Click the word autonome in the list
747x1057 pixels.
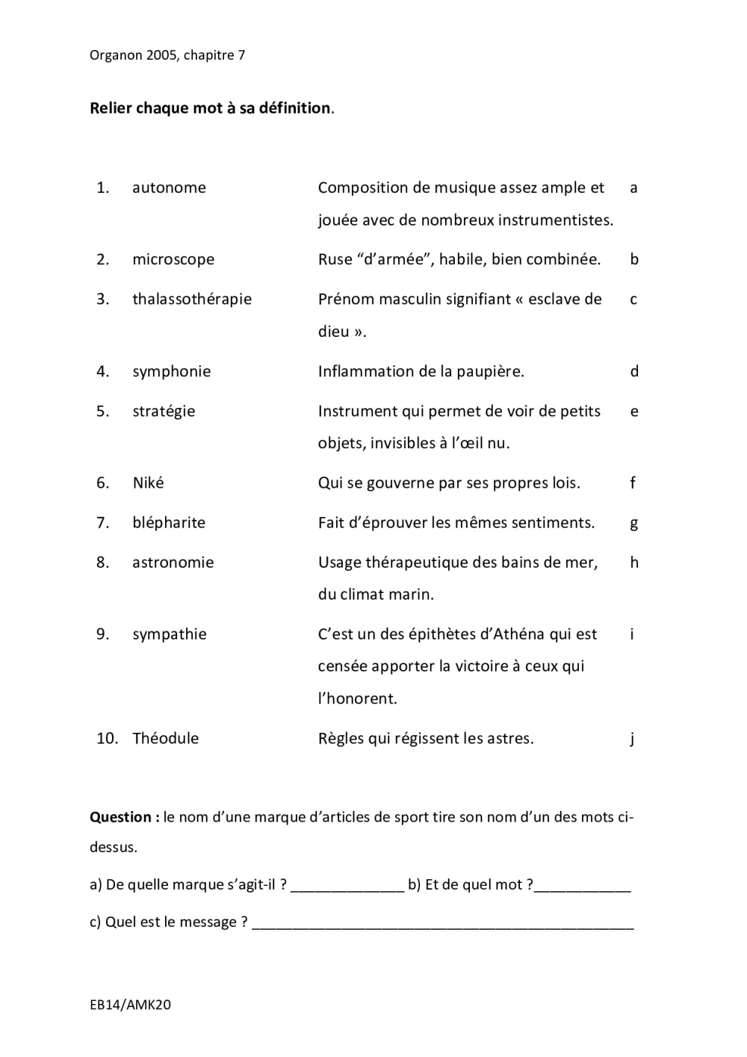[x=169, y=187]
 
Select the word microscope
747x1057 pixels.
[x=173, y=260]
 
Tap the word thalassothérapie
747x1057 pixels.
[x=192, y=300]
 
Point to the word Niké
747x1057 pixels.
[x=148, y=483]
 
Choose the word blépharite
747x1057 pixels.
[x=169, y=523]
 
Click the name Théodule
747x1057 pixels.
[x=166, y=739]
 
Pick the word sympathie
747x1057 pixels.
[x=170, y=634]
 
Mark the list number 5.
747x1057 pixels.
[x=102, y=412]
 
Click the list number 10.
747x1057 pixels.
[x=107, y=739]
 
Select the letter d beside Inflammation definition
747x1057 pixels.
[x=634, y=371]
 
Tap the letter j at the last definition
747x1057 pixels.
[x=632, y=739]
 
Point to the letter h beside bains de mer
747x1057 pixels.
[x=634, y=562]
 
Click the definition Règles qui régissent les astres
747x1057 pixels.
[x=426, y=739]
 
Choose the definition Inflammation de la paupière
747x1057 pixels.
[x=421, y=371]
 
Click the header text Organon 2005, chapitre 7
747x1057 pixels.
[x=167, y=55]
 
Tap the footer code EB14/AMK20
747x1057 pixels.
[x=130, y=1005]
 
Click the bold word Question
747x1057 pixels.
[x=121, y=817]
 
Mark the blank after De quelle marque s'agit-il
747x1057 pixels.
[x=347, y=887]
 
